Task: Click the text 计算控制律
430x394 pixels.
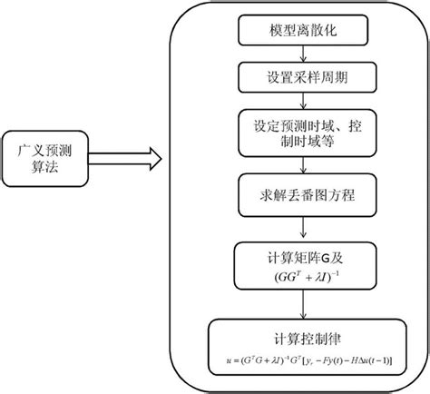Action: click(303, 331)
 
